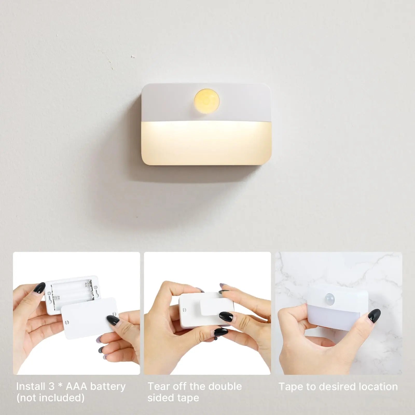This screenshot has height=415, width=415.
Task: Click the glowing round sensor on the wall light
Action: tap(207, 100)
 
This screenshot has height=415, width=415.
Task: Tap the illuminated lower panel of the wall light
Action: tap(207, 143)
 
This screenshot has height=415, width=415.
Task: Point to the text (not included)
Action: tap(50, 398)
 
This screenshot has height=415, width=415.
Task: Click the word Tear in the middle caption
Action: tap(158, 386)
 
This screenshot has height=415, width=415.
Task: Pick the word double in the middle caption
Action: tap(225, 386)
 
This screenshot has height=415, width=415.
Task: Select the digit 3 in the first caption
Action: tap(52, 386)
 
